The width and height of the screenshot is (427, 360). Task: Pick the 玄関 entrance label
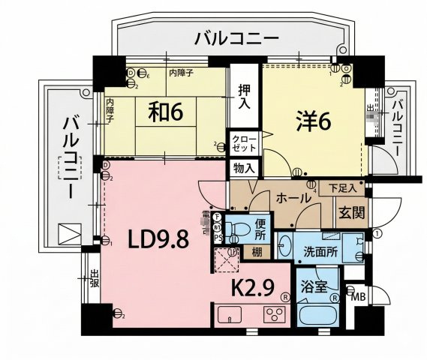pyautogui.click(x=350, y=214)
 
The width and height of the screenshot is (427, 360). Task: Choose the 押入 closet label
pyautogui.click(x=244, y=94)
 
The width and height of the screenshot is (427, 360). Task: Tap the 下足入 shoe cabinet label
pyautogui.click(x=343, y=187)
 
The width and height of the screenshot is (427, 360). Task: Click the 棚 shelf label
pyautogui.click(x=258, y=250)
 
